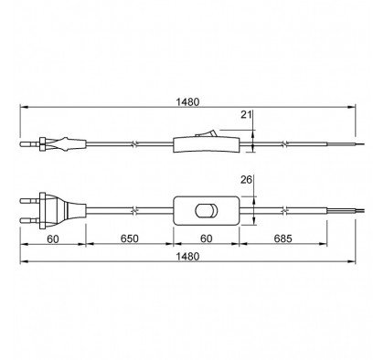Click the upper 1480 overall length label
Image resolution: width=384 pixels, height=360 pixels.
point(187,102)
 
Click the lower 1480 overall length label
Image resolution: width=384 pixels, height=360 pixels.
point(187,257)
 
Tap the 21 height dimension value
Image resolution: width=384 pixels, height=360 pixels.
point(246,115)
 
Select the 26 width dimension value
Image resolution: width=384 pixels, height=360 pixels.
point(246,180)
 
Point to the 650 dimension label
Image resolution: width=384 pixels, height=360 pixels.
point(130,238)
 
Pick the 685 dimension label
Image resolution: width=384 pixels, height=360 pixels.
point(283,238)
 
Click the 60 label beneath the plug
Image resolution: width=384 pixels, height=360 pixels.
point(53,239)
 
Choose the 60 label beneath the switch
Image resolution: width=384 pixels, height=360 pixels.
point(207,238)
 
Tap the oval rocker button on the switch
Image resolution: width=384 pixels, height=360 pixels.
point(207,211)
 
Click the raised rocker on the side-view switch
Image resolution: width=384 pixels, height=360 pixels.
point(207,133)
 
